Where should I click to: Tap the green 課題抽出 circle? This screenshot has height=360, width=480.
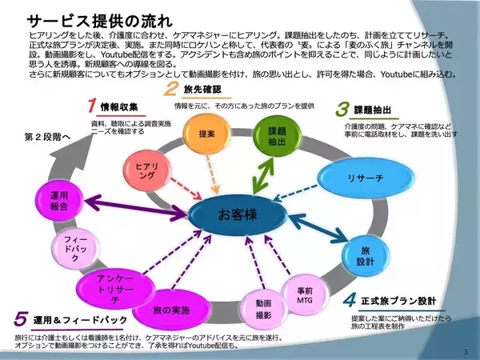point(277,135)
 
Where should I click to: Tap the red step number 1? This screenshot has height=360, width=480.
point(92,106)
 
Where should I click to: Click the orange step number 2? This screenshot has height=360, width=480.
point(170,89)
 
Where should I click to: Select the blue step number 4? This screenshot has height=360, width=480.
point(349,302)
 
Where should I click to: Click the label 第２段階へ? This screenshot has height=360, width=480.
point(47,137)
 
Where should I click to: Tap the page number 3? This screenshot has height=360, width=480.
point(466,350)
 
